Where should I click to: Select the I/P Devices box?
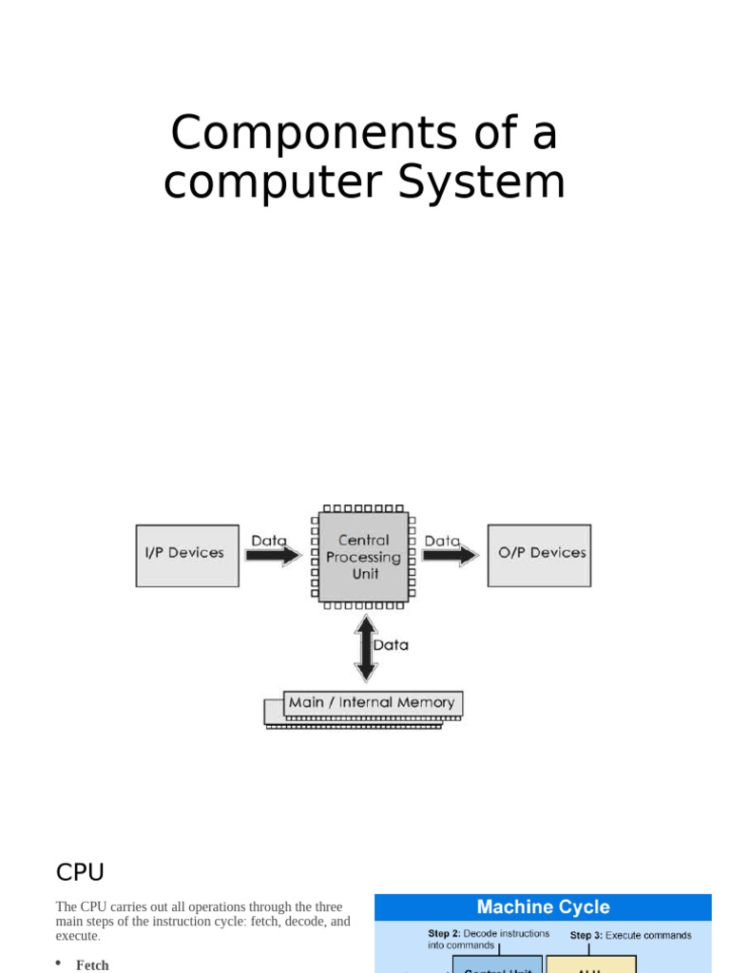pyautogui.click(x=187, y=555)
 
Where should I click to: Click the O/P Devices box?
pyautogui.click(x=539, y=555)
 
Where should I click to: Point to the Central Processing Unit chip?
pyautogui.click(x=363, y=557)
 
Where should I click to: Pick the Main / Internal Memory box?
pyautogui.click(x=372, y=704)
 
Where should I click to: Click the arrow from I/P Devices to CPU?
pyautogui.click(x=273, y=556)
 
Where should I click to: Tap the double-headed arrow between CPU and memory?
pyautogui.click(x=365, y=649)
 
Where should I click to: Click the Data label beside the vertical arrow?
pyautogui.click(x=391, y=645)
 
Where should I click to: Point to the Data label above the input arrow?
pyautogui.click(x=268, y=541)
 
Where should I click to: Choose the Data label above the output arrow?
pyautogui.click(x=441, y=541)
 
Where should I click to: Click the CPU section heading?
pyautogui.click(x=80, y=872)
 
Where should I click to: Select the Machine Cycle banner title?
pyautogui.click(x=543, y=907)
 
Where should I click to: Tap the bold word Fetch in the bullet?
pyautogui.click(x=92, y=965)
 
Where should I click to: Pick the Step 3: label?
pyautogui.click(x=586, y=936)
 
